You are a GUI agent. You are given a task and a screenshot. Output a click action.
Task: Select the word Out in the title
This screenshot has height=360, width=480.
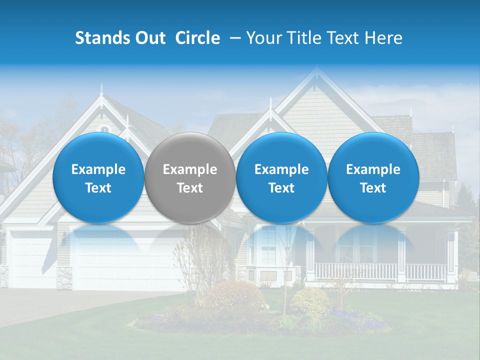149,38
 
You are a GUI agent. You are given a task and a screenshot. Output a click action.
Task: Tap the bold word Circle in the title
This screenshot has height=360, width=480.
197,38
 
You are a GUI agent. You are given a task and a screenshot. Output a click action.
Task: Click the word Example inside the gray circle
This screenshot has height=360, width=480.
190,170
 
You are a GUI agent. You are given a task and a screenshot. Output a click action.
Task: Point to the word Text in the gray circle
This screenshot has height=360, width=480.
190,188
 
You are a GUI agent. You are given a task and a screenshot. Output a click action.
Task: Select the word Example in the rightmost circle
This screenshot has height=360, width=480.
373,170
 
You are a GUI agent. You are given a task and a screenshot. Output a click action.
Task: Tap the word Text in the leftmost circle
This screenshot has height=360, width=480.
98,188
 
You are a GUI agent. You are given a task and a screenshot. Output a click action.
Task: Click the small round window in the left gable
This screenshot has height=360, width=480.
104,129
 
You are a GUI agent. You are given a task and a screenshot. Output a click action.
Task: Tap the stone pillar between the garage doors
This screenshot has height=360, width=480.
64,278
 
